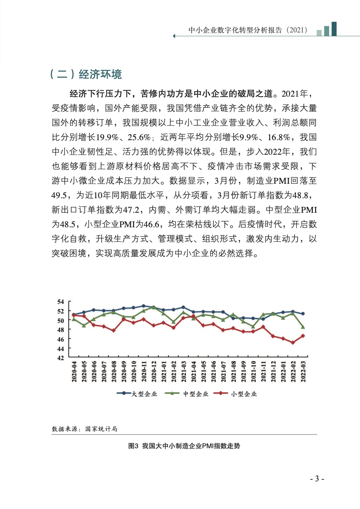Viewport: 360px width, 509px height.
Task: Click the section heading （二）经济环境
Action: (85, 74)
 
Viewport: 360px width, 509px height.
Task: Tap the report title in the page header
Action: (248, 30)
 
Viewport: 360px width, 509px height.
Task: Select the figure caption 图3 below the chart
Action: (184, 446)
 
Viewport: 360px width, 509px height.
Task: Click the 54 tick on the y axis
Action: (61, 302)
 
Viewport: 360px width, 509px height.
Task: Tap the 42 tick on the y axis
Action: (61, 357)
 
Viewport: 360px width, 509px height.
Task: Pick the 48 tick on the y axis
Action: (61, 330)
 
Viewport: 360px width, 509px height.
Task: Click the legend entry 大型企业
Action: (137, 394)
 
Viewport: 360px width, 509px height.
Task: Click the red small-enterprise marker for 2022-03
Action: (303, 336)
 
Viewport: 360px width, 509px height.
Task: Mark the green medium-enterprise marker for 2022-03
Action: (303, 327)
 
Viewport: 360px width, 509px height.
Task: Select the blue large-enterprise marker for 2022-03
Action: (303, 313)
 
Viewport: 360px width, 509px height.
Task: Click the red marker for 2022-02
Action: (293, 343)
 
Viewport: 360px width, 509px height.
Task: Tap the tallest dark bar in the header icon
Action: (334, 28)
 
